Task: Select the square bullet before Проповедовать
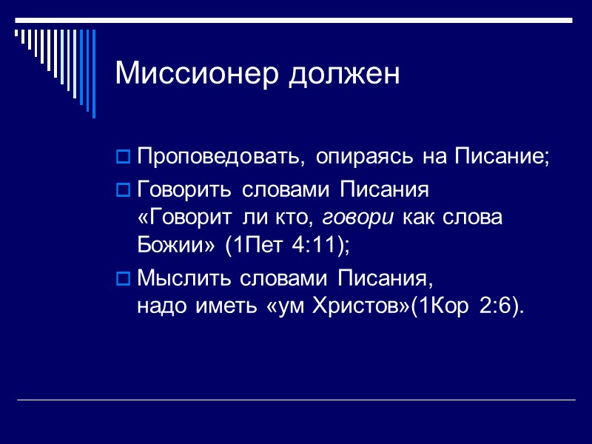click(124, 158)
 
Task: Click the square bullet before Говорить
click(124, 191)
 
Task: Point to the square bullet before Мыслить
click(124, 280)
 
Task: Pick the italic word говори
click(353, 218)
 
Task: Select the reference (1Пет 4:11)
click(286, 246)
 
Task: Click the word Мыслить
click(185, 279)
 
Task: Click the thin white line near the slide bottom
click(296, 400)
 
